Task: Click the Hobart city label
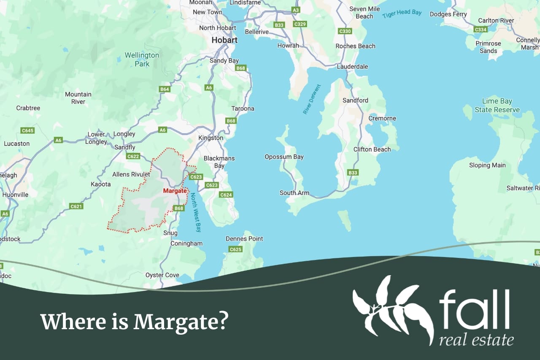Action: point(224,40)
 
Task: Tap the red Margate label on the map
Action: point(175,191)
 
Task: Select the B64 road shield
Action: point(165,89)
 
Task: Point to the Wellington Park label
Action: point(142,60)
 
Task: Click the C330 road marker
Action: point(345,31)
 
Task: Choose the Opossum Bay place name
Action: point(284,157)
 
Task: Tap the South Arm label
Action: point(294,193)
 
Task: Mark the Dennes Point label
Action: point(244,238)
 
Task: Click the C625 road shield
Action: point(235,249)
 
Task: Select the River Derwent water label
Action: point(312,99)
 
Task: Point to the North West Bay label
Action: point(196,212)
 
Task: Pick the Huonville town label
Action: point(15,195)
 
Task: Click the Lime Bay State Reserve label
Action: point(497,106)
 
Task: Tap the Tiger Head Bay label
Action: point(402,14)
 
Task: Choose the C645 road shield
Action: point(27,130)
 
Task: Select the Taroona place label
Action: point(243,108)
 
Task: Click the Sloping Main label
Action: point(487,165)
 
